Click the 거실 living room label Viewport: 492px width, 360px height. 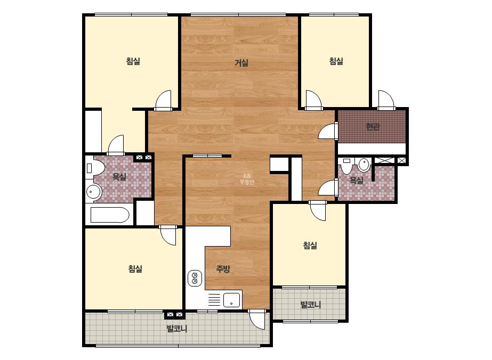tap(241, 63)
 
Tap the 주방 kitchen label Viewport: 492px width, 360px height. tap(223, 269)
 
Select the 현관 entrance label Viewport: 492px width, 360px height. tap(373, 127)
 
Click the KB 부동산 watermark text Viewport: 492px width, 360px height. tap(247, 179)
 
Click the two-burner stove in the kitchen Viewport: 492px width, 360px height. tap(195, 278)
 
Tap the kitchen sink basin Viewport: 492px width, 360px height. tap(231, 300)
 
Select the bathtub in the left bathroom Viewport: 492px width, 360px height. tap(110, 215)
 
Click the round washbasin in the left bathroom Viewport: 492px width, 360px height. tap(93, 191)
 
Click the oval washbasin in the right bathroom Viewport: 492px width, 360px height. tap(364, 165)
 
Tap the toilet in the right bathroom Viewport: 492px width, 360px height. tap(346, 166)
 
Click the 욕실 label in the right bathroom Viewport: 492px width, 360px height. tap(357, 181)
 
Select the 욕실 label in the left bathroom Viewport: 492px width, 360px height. tap(119, 177)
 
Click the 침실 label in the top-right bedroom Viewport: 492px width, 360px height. tap(336, 61)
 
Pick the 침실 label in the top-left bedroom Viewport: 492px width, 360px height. tap(133, 61)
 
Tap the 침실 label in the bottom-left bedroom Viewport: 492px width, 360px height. tap(135, 269)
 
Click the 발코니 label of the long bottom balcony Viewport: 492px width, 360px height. tap(176, 329)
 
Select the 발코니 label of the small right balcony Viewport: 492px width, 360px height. tap(311, 305)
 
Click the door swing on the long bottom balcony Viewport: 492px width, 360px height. tap(257, 319)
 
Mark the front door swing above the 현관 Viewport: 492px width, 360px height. tap(386, 99)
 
